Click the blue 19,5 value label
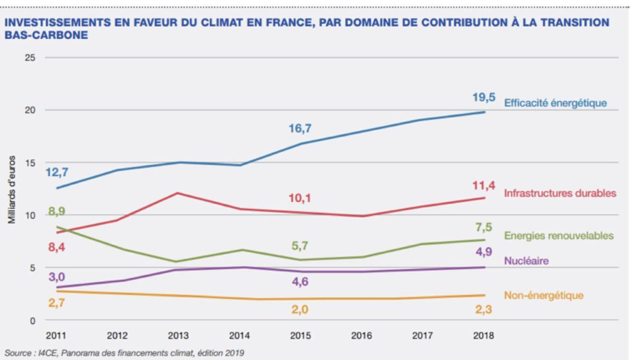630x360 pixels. pos(484,98)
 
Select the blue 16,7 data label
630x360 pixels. pos(300,129)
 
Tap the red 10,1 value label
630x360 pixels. pos(300,198)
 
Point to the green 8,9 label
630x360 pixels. pos(57,212)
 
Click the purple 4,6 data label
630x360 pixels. pos(300,282)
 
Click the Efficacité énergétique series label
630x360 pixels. pos(555,103)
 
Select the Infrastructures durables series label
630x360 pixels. pos(560,193)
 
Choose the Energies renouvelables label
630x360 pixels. pos(559,236)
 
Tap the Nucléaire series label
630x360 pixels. pos(526,261)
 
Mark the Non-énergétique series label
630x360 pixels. pos(543,295)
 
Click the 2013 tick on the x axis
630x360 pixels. pos(178,336)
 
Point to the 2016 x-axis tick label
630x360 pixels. pos(361,336)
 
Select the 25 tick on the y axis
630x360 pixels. pos(30,58)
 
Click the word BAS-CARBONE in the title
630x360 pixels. pos(46,35)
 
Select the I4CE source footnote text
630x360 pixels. pos(124,353)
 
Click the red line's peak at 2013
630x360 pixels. pos(178,193)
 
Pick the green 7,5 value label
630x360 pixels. pos(484,227)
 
